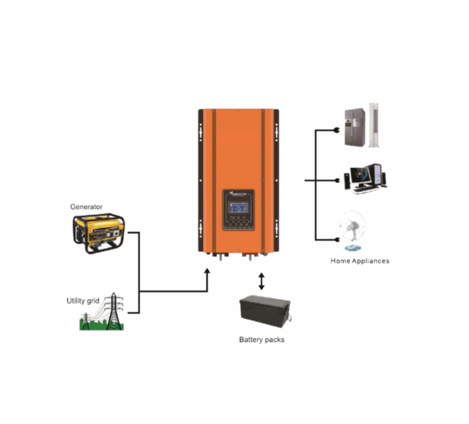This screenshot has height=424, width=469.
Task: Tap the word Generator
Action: [87, 207]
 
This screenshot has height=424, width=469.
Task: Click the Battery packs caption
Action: [261, 339]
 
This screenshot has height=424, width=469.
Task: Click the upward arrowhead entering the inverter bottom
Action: [208, 273]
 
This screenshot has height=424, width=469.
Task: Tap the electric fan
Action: [352, 229]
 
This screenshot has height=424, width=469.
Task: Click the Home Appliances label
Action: [360, 261]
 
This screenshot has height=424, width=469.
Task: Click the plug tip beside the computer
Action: [337, 181]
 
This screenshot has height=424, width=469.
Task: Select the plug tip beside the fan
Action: [337, 240]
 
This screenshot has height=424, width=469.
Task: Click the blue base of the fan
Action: [352, 248]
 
